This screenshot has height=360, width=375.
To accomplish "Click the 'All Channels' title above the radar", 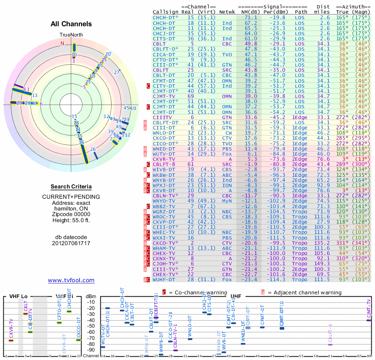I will pyautogui.click(x=71, y=24).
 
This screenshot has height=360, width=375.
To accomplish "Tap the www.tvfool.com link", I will pyautogui.click(x=71, y=280).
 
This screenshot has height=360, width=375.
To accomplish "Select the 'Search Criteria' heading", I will pyautogui.click(x=71, y=186).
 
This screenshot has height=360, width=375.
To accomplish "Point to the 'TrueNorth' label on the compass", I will pyautogui.click(x=71, y=35).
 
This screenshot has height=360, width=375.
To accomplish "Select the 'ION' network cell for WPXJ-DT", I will pyautogui.click(x=227, y=185).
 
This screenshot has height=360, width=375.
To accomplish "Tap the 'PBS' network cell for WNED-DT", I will pyautogui.click(x=227, y=149).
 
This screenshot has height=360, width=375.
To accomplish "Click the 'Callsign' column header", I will pyautogui.click(x=165, y=12).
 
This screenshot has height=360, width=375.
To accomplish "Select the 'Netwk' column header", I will pyautogui.click(x=227, y=12).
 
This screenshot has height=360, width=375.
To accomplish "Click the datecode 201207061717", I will pyautogui.click(x=71, y=243).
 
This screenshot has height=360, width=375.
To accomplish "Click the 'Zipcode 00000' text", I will pyautogui.click(x=71, y=213).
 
